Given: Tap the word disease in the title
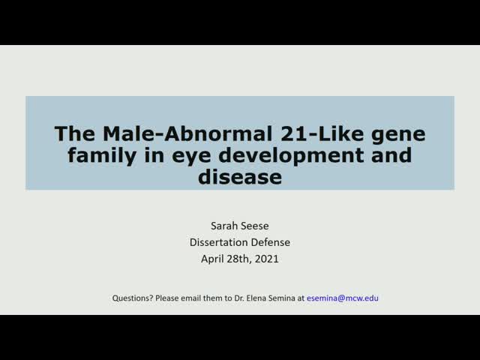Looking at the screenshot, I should click(240, 178).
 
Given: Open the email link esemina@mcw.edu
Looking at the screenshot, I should click(343, 298).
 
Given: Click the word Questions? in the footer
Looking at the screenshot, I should click(133, 298).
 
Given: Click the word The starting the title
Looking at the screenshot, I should click(73, 135).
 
